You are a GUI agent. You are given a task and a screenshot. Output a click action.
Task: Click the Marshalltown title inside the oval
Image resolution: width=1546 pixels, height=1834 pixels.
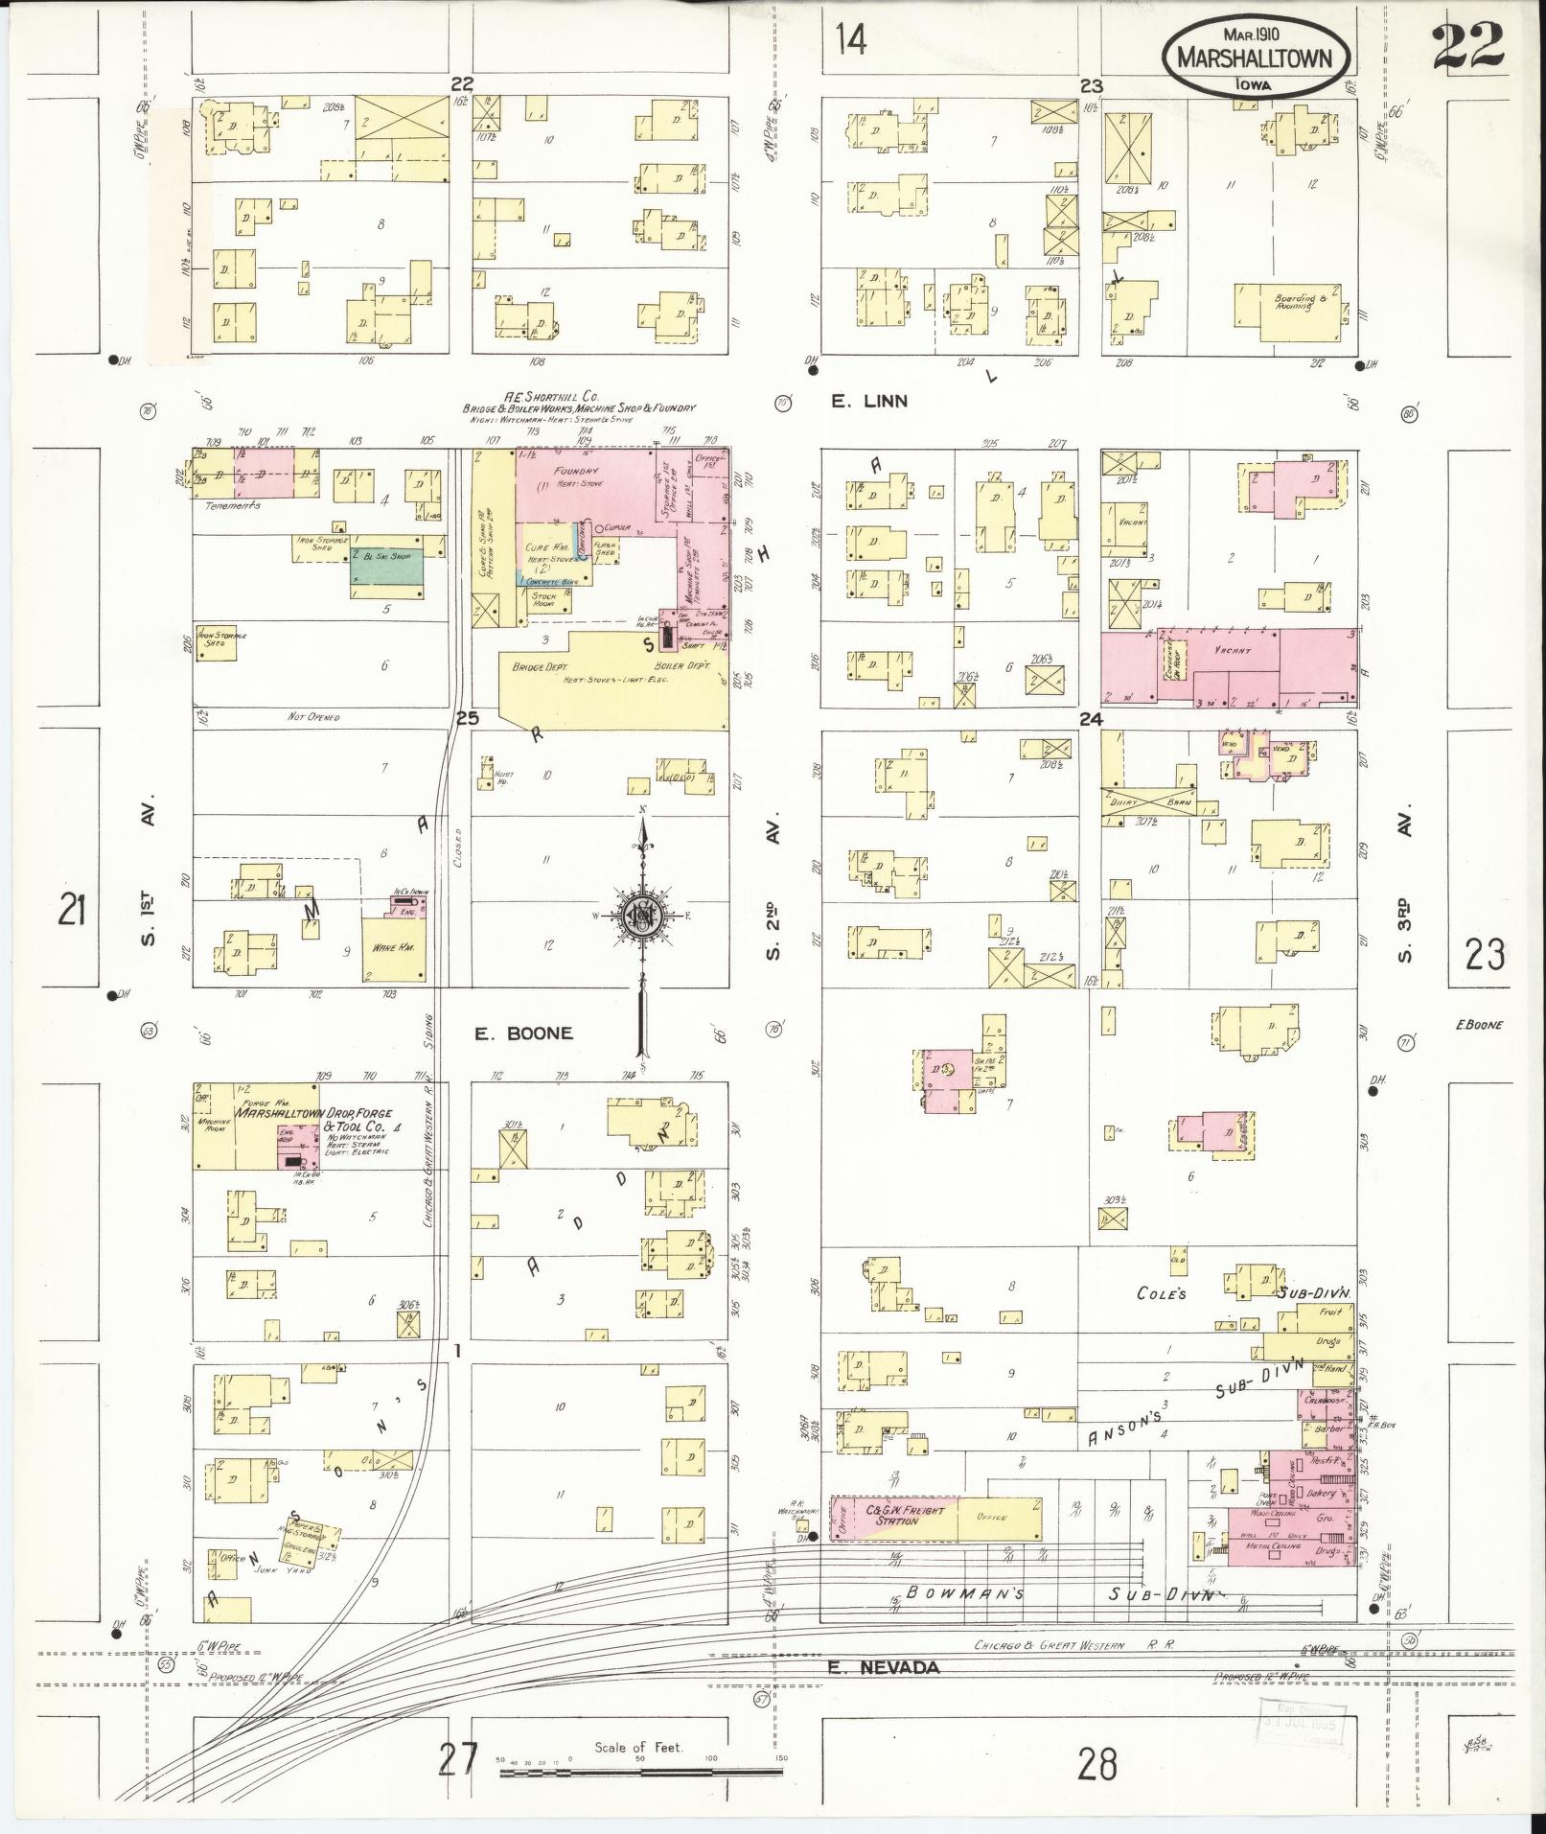[x=1255, y=58]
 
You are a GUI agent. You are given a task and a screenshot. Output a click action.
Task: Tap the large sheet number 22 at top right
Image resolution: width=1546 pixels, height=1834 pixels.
[x=1468, y=46]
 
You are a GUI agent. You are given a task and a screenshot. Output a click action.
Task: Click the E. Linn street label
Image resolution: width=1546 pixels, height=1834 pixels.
[x=868, y=402]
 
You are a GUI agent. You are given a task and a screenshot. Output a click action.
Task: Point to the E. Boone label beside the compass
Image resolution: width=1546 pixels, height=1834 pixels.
[x=524, y=1033]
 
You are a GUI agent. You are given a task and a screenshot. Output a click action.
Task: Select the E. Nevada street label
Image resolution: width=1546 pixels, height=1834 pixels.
[x=884, y=1667]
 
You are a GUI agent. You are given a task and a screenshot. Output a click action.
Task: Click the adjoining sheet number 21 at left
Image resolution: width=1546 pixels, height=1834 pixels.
[x=72, y=909]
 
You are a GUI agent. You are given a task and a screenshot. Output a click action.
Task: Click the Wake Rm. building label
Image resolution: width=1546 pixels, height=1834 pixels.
[x=385, y=949]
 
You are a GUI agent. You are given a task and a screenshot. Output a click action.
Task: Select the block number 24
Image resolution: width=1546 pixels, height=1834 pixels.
[x=1091, y=719]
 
